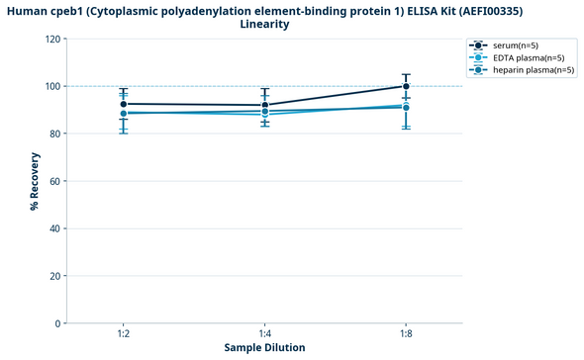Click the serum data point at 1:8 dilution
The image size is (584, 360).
click(406, 86)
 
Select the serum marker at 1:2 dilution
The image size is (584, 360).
click(124, 104)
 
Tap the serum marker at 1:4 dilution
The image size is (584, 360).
click(265, 105)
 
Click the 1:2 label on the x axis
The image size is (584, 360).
click(124, 334)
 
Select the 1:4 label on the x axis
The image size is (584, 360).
click(265, 334)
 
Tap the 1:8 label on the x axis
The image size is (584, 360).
click(406, 334)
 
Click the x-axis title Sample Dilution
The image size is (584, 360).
click(264, 348)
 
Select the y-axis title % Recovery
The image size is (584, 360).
click(34, 181)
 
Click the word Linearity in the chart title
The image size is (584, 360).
click(264, 24)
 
